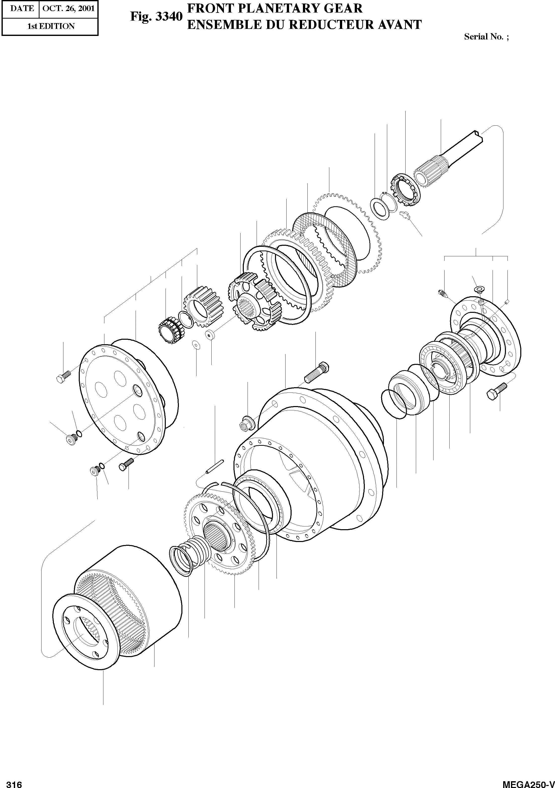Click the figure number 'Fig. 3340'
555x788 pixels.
pos(156,17)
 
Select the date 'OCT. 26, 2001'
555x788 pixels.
pos(68,8)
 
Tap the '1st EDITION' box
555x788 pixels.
pos(51,26)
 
